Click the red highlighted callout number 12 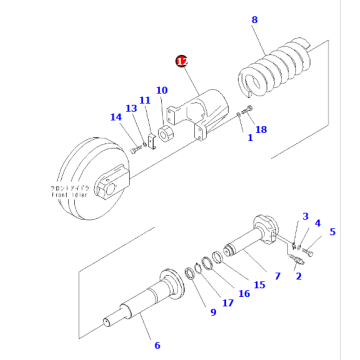(181, 61)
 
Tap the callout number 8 (255, 20)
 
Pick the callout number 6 (156, 345)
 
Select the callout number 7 (277, 275)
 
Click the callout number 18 (261, 129)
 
